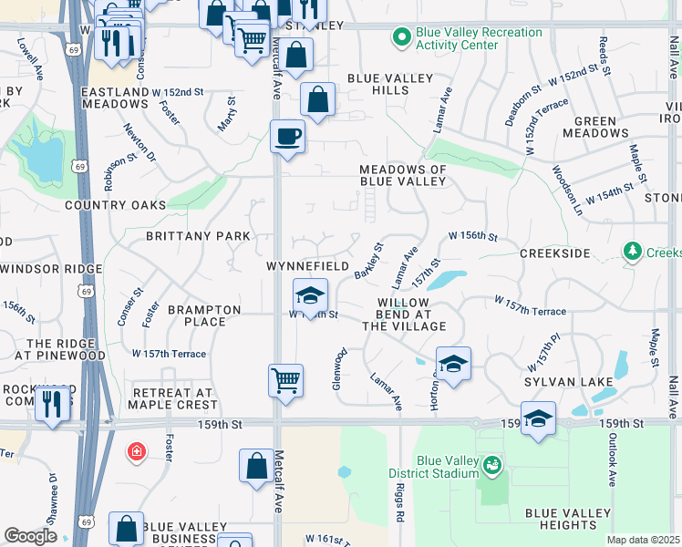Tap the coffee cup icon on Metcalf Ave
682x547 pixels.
287,137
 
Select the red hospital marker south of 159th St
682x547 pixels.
137,451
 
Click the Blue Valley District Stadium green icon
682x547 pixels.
492,466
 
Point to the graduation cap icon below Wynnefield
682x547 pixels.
310,296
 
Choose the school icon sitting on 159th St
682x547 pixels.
539,418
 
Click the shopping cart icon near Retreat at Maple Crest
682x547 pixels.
286,378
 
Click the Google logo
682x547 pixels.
30,536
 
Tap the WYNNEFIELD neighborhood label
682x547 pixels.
307,266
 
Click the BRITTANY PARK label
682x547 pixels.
198,236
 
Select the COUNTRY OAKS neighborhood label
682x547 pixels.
116,205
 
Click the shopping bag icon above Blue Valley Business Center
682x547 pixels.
126,527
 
